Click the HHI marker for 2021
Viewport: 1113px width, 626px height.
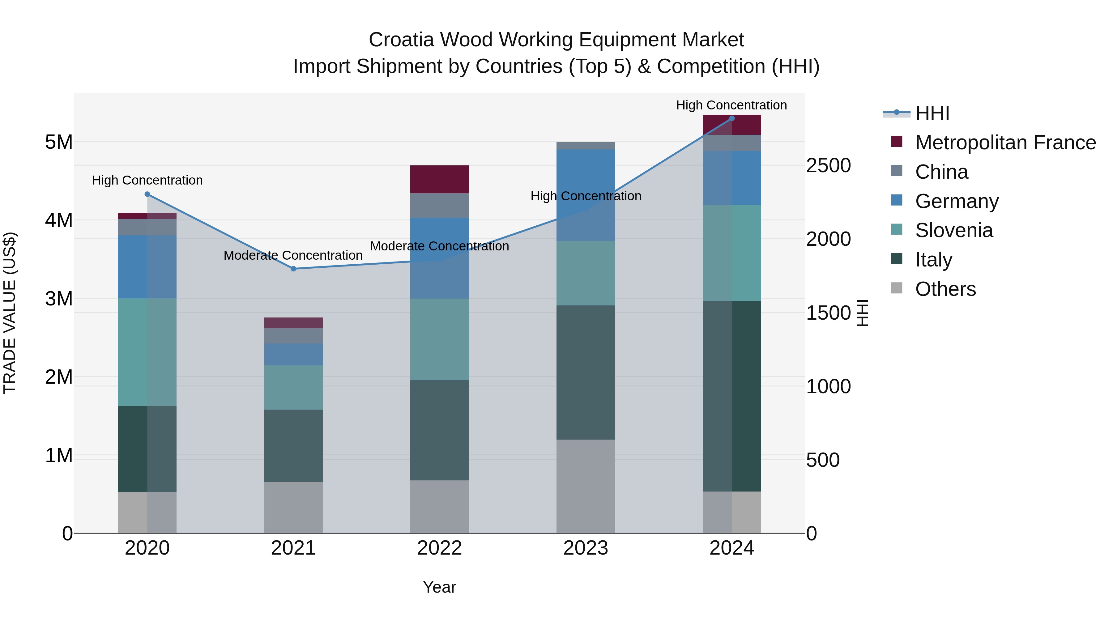click(x=293, y=269)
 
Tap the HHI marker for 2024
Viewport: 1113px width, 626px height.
click(x=731, y=118)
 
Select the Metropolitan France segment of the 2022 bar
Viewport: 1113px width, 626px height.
click(x=439, y=179)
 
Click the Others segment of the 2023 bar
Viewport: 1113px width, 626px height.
click(x=586, y=486)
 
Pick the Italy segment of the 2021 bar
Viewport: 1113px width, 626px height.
click(x=293, y=445)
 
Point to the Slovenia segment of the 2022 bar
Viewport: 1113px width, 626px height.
click(x=439, y=339)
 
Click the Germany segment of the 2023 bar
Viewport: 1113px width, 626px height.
click(x=586, y=195)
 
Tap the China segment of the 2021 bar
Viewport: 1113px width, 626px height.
click(x=293, y=336)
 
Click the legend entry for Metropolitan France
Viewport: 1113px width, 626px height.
click(x=1005, y=143)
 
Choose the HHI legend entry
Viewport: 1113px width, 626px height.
click(x=932, y=113)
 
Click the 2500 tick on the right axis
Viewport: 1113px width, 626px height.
click(x=828, y=165)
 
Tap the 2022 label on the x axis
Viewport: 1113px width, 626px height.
click(x=439, y=548)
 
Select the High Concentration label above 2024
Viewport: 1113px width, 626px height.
click(x=731, y=105)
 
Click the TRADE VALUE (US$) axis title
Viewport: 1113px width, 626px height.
click(x=10, y=313)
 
